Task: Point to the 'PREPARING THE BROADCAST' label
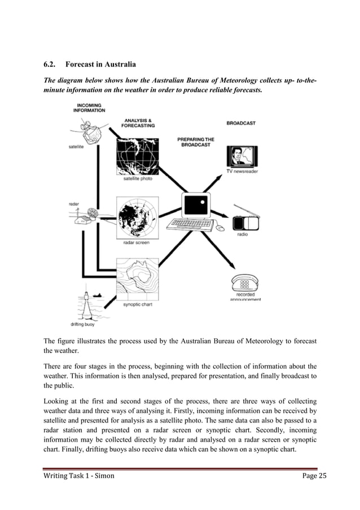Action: coord(196,142)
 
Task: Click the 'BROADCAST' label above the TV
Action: coord(241,123)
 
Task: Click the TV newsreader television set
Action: coord(242,156)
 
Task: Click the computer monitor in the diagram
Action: coord(196,206)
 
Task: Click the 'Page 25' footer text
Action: coord(314,476)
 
